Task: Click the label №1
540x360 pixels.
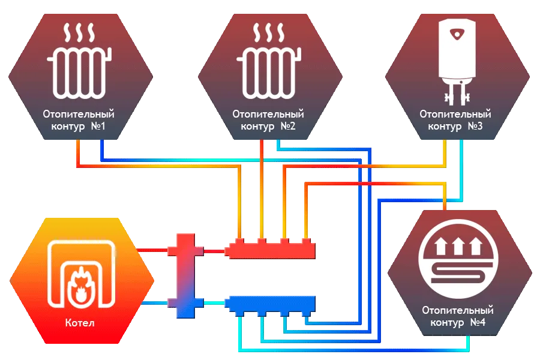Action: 98,127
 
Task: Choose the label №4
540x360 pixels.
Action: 476,323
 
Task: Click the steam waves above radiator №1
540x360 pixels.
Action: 79,32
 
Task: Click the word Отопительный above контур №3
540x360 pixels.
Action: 455,113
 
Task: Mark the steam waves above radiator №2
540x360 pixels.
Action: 268,32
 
